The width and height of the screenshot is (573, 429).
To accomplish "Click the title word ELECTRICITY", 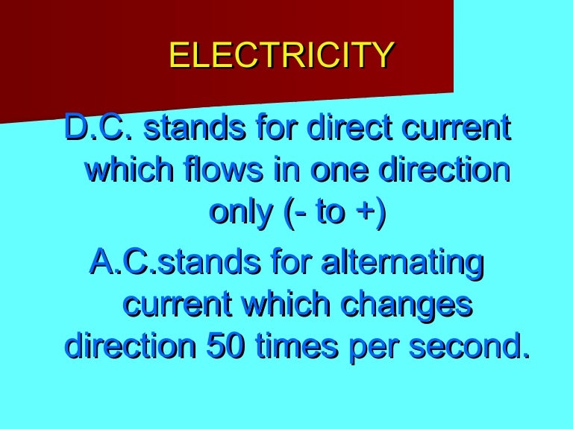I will [x=281, y=56].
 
